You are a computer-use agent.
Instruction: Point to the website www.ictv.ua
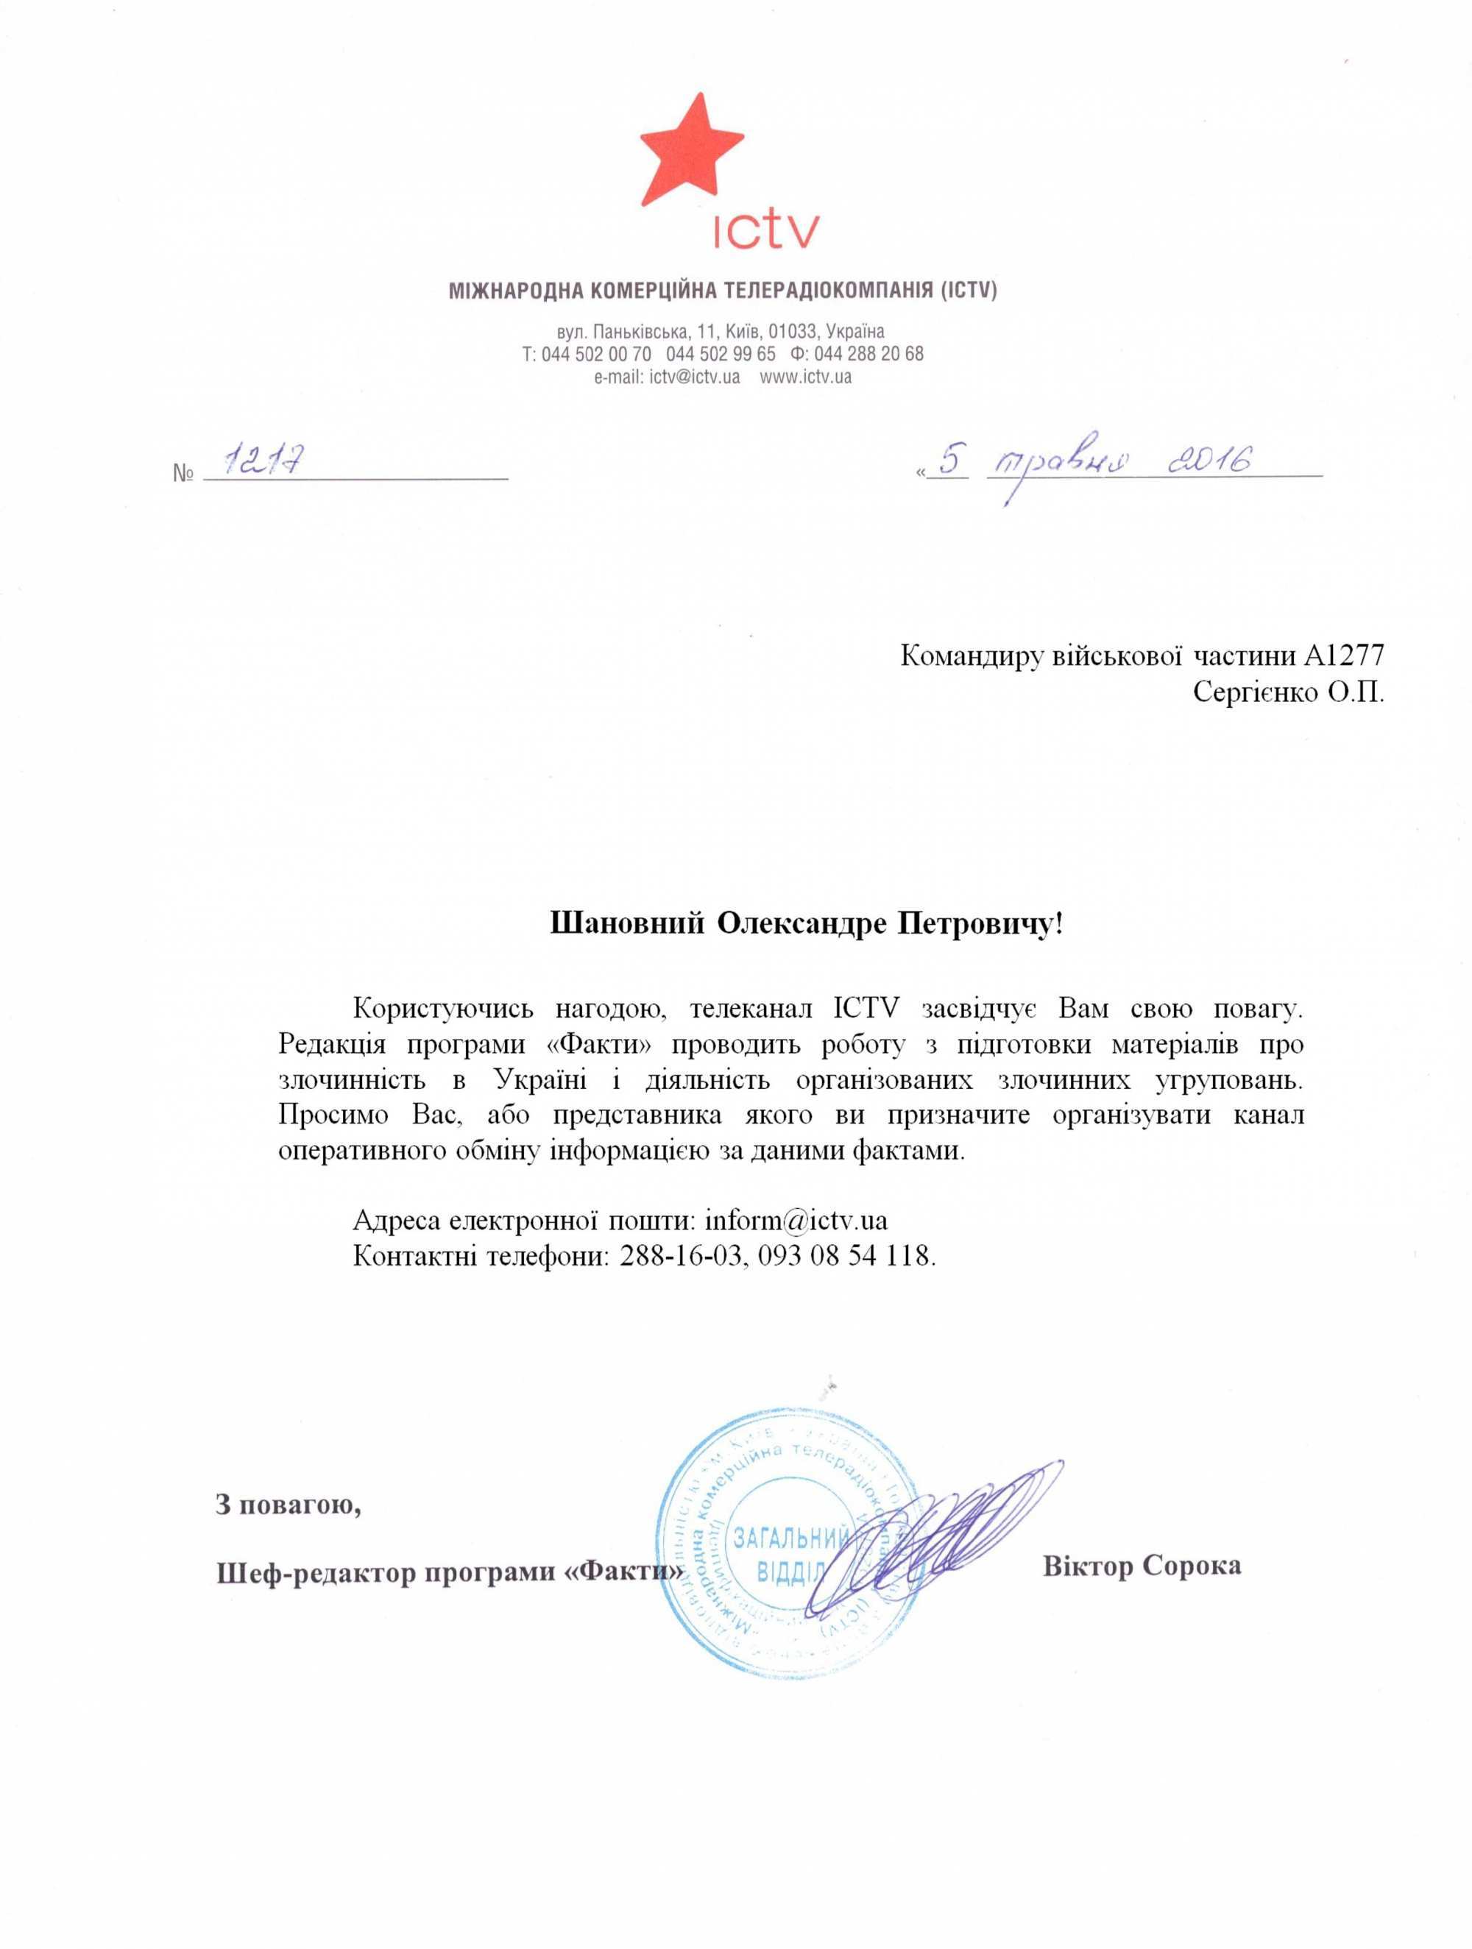[x=806, y=377]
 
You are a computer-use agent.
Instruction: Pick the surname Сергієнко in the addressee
[x=1253, y=692]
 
